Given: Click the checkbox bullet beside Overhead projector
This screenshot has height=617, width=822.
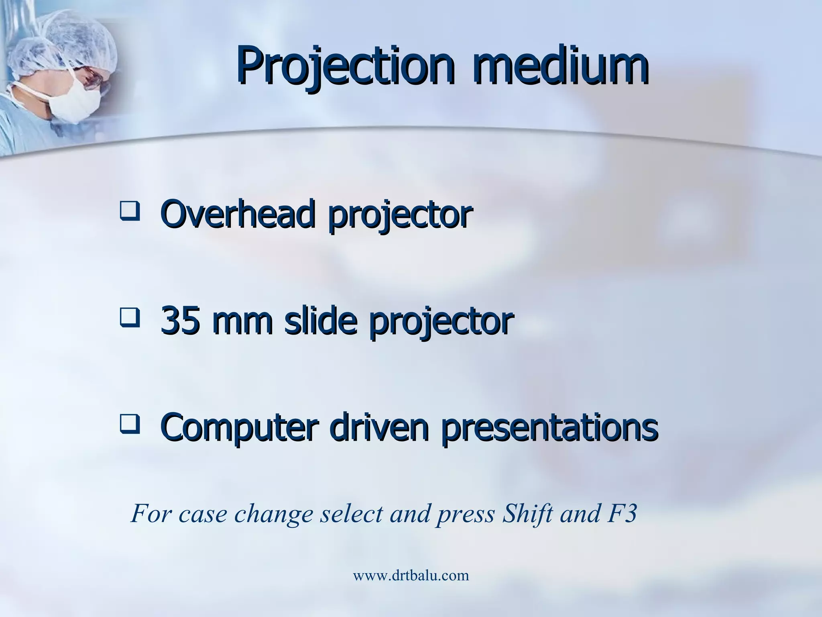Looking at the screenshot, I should coord(129,212).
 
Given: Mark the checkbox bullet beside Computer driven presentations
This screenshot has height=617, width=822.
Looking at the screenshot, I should coord(129,425).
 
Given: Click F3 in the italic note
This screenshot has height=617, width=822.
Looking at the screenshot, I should coord(622,513).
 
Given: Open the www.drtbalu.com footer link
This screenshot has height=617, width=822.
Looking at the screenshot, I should coord(411,576).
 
